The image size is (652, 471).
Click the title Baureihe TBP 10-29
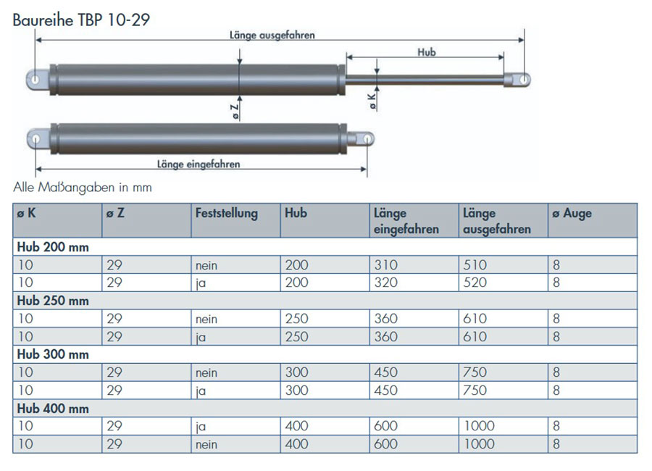[81, 20]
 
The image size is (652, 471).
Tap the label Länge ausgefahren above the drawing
[272, 35]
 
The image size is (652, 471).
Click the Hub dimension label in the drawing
[427, 52]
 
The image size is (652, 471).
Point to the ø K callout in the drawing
[372, 101]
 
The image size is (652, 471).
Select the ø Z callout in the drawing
[235, 112]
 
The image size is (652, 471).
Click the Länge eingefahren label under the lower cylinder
[198, 164]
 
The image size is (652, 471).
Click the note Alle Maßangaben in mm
[83, 187]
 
